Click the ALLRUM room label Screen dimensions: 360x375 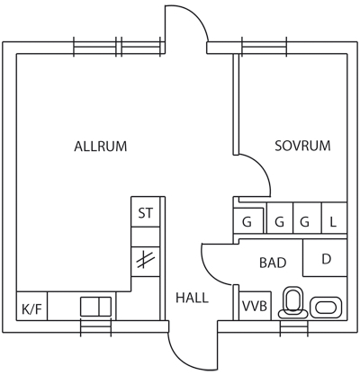tap(101, 147)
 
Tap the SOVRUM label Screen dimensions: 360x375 tap(302, 146)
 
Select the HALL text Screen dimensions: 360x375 tap(192, 298)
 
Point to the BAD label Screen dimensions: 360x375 tap(273, 263)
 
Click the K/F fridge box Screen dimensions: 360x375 tap(31, 306)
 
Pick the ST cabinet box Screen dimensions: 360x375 tap(146, 211)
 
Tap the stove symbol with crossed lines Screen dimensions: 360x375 tap(146, 262)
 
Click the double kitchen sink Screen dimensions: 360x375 tap(96, 307)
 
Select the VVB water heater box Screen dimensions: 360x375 tap(255, 306)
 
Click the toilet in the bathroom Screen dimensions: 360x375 tap(293, 302)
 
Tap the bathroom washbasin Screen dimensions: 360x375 tap(326, 308)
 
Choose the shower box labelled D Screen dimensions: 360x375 tap(325, 258)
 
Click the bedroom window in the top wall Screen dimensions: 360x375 tap(264, 47)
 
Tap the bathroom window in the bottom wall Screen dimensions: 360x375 tap(294, 328)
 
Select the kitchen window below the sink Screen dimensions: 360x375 tap(96, 327)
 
